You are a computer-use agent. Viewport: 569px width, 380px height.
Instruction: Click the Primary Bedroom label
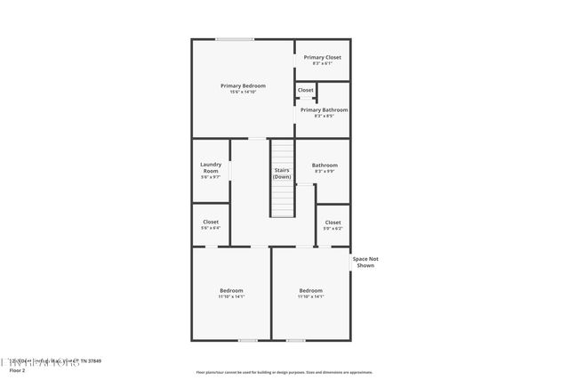[x=243, y=85]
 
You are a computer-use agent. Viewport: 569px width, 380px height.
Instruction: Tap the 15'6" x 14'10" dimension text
[x=243, y=93]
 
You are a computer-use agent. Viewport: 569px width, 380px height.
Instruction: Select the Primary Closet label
[x=322, y=57]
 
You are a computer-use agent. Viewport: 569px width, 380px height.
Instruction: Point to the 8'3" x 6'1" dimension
[x=322, y=63]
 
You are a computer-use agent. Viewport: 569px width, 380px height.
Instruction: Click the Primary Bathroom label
[x=324, y=109]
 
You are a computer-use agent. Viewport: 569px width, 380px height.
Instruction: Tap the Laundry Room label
[x=211, y=166]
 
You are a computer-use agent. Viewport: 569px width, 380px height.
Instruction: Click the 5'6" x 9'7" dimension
[x=211, y=177]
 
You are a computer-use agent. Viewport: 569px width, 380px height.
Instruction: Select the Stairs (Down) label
[x=282, y=173]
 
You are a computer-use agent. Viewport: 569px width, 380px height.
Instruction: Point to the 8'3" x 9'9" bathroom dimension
[x=325, y=172]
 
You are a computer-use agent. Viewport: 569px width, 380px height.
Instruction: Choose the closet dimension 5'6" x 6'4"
[x=211, y=229]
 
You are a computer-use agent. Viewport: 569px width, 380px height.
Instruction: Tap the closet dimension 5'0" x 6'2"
[x=333, y=229]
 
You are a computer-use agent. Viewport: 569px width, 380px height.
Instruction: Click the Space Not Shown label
[x=365, y=262]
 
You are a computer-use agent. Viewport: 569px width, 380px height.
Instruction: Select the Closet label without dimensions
[x=305, y=90]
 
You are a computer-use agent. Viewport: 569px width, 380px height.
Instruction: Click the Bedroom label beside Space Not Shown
[x=311, y=290]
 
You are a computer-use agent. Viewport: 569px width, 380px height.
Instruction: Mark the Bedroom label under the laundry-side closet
[x=231, y=290]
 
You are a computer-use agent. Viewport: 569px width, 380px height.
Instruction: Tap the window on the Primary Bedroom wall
[x=235, y=38]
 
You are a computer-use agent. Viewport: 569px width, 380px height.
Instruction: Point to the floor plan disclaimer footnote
[x=284, y=372]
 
